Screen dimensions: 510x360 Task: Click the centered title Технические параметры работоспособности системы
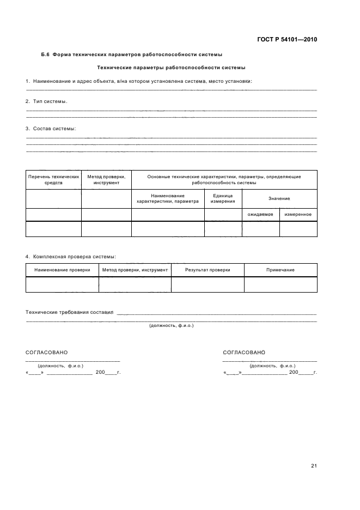(x=170, y=68)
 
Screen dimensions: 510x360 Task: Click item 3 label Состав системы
(x=51, y=129)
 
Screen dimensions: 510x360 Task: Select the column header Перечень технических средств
(x=53, y=180)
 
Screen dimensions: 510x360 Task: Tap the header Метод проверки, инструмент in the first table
(x=106, y=180)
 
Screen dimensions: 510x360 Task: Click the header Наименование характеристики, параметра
(x=168, y=198)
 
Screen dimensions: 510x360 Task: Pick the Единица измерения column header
(x=223, y=198)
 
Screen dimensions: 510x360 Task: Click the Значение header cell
(x=279, y=198)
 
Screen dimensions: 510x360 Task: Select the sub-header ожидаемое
(x=260, y=215)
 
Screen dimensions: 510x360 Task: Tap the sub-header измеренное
(x=298, y=215)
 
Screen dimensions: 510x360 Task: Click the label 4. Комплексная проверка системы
(x=70, y=256)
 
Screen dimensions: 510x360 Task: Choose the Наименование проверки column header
(x=62, y=270)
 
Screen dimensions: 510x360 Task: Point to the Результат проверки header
(x=208, y=270)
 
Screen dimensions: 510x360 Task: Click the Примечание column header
(x=280, y=270)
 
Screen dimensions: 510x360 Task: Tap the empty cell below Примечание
(x=280, y=284)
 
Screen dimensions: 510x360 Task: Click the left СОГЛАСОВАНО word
(x=47, y=353)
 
